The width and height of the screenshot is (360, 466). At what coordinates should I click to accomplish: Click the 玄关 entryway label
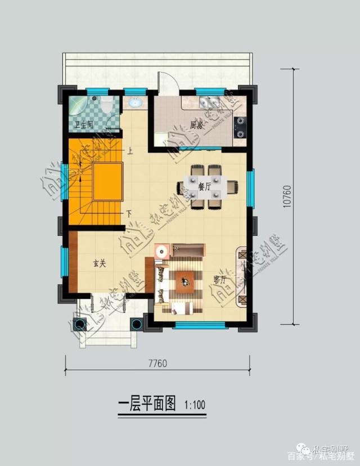(99, 263)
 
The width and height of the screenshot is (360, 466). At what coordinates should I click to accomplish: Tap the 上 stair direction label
(130, 151)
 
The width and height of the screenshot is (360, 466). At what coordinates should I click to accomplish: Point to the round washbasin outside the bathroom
(135, 103)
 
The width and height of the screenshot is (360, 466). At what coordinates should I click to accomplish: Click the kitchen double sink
(209, 102)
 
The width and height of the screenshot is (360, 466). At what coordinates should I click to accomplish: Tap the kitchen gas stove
(241, 127)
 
